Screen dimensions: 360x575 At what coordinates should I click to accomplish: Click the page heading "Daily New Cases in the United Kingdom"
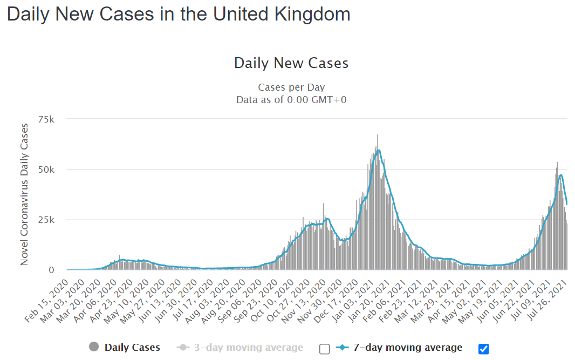point(179,14)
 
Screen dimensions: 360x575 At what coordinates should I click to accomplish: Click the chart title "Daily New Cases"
point(291,63)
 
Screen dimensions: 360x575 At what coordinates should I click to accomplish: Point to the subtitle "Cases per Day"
point(291,87)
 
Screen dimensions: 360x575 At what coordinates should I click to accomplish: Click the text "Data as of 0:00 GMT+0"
point(291,100)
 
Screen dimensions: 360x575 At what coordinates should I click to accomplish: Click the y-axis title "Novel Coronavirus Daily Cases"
point(24,194)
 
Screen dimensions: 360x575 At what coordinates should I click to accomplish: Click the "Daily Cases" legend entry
point(132,348)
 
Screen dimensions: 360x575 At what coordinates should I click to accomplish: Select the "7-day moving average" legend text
point(408,348)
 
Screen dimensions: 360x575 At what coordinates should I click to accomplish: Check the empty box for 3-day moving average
point(324,349)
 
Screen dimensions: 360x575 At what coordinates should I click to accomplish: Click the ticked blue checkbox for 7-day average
point(484,349)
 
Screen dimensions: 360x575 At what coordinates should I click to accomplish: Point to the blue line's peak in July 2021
point(562,175)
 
